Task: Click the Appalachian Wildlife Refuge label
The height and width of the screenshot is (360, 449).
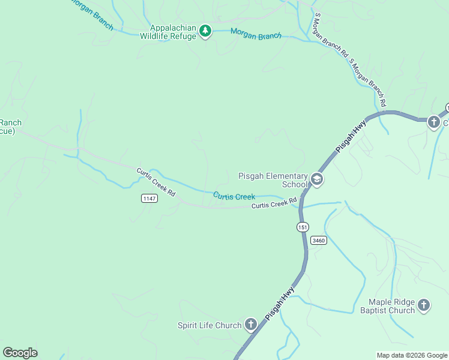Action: (168, 32)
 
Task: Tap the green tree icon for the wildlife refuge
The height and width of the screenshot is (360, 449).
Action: (205, 31)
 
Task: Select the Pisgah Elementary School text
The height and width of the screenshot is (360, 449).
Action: (273, 180)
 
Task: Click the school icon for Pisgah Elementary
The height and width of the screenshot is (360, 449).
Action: (317, 179)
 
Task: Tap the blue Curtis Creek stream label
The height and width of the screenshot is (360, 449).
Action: (234, 196)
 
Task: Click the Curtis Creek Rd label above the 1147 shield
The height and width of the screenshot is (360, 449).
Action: (155, 182)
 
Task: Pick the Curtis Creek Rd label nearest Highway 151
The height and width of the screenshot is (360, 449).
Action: (274, 205)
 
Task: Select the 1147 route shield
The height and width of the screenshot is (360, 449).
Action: (149, 199)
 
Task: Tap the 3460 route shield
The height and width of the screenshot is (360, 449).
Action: (318, 240)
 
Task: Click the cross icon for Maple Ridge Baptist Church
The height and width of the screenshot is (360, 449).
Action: (424, 305)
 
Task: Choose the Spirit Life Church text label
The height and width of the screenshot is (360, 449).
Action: (209, 326)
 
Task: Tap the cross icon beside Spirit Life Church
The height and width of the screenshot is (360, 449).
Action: (251, 325)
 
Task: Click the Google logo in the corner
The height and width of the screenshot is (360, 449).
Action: (20, 353)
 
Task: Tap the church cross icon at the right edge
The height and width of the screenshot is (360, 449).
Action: (433, 122)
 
